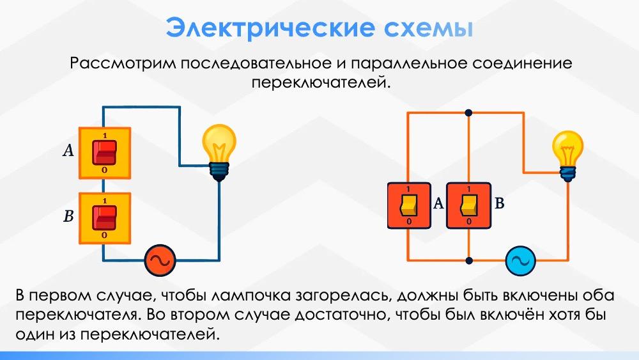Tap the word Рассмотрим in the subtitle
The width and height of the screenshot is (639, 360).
tap(123, 65)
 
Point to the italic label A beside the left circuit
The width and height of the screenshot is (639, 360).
tap(68, 151)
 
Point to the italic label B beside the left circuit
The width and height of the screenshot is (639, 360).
tap(68, 216)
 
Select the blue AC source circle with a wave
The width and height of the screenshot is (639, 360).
tap(520, 260)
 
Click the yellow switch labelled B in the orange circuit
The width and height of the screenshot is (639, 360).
tap(468, 205)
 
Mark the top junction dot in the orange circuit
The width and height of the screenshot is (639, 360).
tap(468, 113)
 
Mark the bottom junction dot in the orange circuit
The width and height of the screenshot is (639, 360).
tap(468, 260)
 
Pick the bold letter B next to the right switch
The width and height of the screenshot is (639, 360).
tap(500, 204)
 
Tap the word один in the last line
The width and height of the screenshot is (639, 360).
tap(35, 335)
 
